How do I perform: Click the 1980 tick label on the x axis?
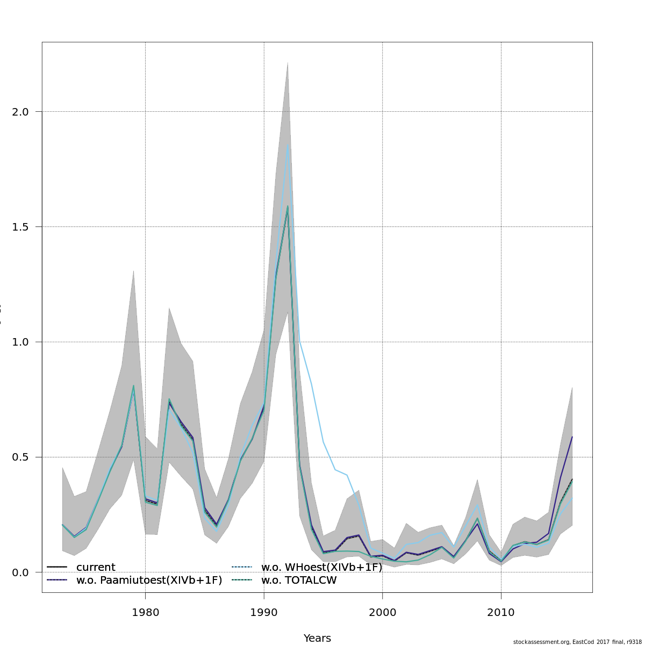(145, 612)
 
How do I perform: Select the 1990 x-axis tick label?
(264, 612)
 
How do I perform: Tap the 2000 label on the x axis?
(382, 612)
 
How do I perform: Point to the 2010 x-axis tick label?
(501, 612)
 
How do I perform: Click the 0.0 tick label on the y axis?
(21, 572)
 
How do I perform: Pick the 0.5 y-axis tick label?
(21, 457)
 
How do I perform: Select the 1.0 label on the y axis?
(21, 342)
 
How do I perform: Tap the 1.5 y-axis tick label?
(21, 227)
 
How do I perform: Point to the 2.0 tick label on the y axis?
(21, 112)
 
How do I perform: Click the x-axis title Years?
(317, 638)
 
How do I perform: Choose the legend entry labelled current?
(96, 568)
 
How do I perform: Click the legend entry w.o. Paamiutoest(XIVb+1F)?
(149, 580)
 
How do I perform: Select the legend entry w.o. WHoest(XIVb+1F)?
(321, 568)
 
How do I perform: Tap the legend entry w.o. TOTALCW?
(299, 580)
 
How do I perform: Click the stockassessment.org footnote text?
(577, 642)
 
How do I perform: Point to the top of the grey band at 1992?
(288, 62)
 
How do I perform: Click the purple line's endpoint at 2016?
(572, 437)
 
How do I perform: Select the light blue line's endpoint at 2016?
(572, 498)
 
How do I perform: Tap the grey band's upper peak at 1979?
(133, 270)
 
